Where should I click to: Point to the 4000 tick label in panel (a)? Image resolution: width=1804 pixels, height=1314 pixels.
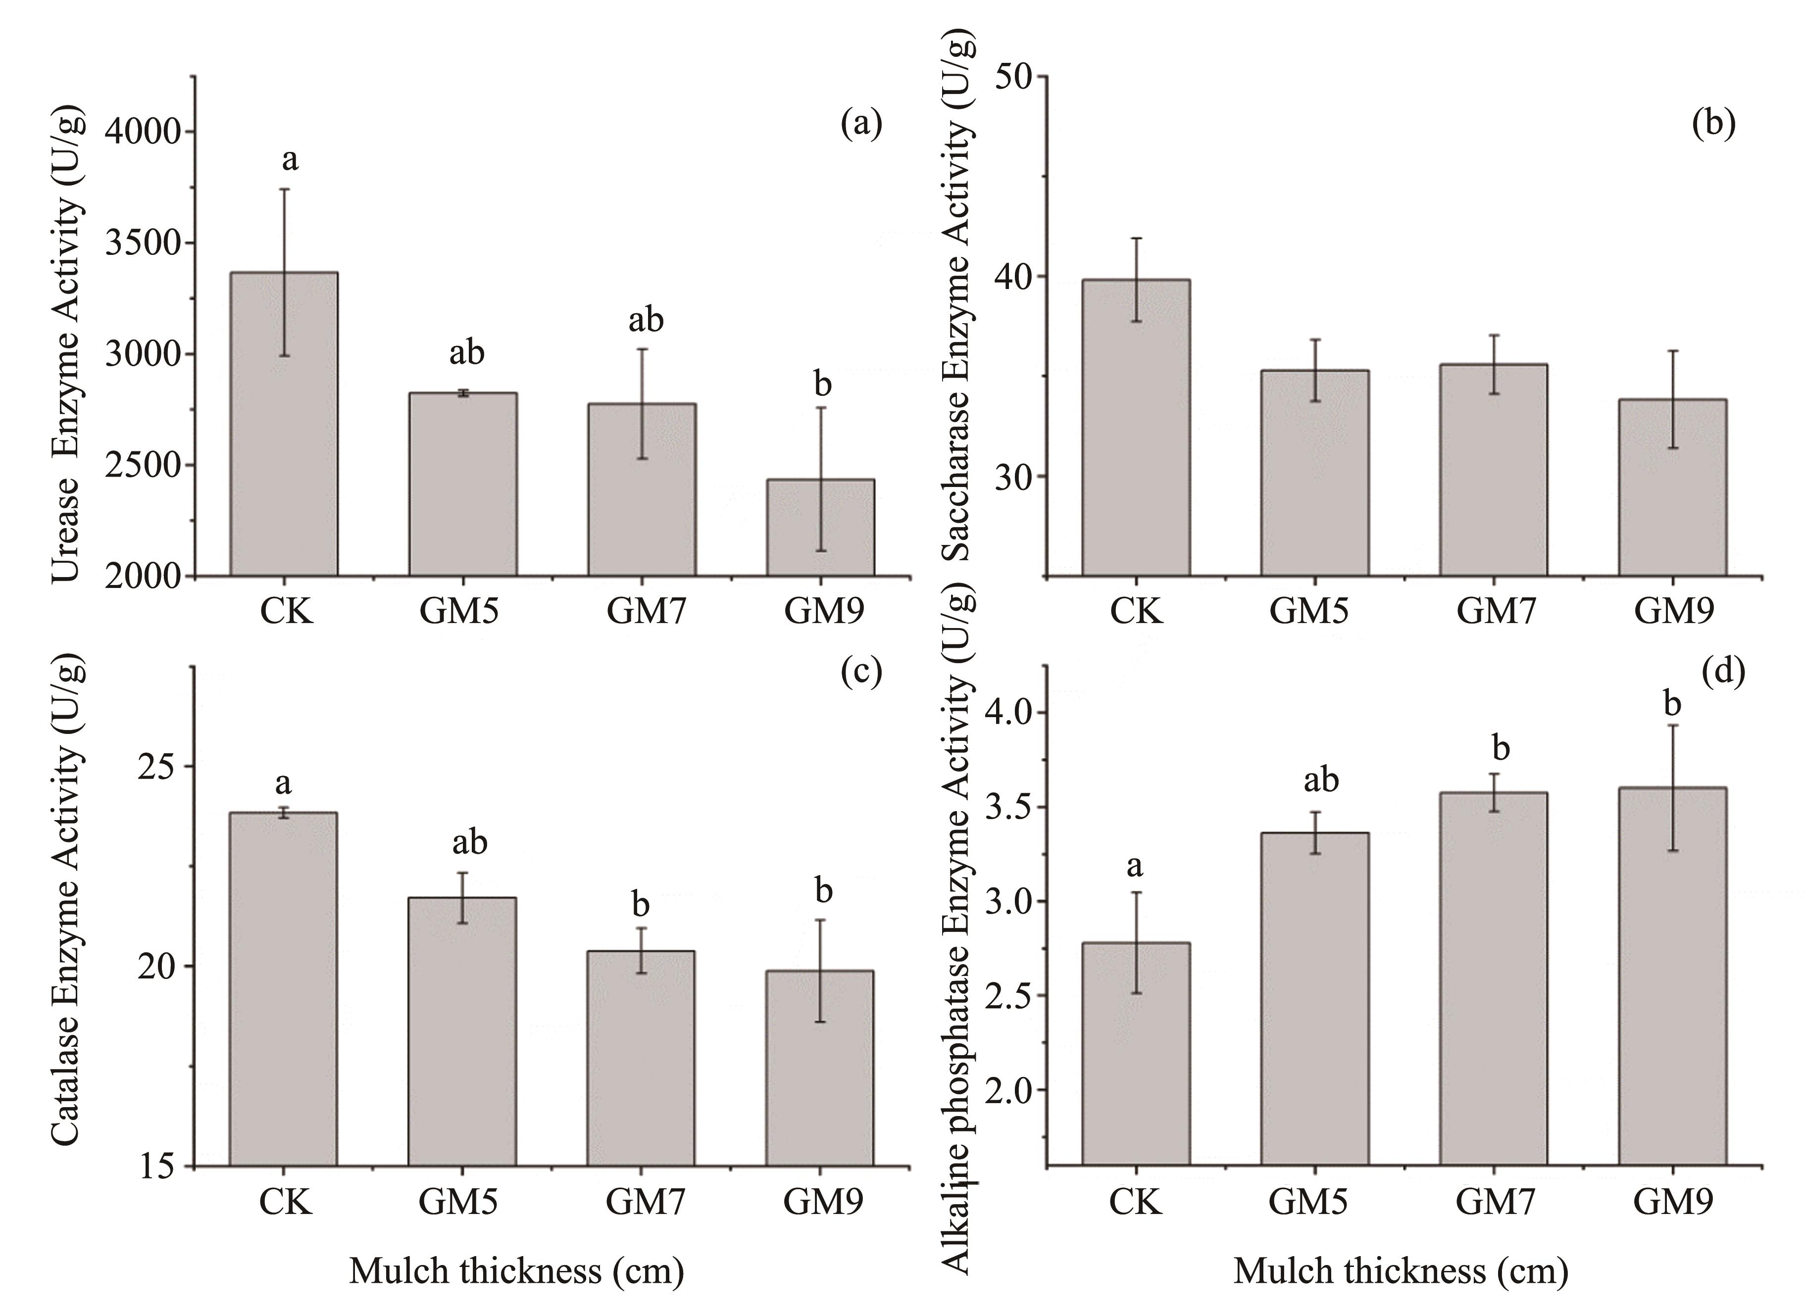click(x=143, y=132)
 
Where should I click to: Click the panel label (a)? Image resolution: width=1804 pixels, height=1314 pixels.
click(x=861, y=124)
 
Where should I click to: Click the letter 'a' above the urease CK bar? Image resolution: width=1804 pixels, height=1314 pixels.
click(x=290, y=160)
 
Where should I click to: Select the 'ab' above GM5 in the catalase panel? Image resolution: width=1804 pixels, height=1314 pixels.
click(x=469, y=841)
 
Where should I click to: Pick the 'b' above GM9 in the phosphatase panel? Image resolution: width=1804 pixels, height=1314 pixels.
click(x=1673, y=704)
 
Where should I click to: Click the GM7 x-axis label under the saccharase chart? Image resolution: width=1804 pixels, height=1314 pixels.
click(x=1496, y=611)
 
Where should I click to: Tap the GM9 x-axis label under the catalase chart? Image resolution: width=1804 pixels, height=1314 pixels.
click(x=822, y=1201)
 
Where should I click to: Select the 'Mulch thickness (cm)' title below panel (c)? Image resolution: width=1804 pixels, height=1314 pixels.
click(x=516, y=1270)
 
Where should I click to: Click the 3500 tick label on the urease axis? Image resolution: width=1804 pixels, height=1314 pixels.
click(x=143, y=243)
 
